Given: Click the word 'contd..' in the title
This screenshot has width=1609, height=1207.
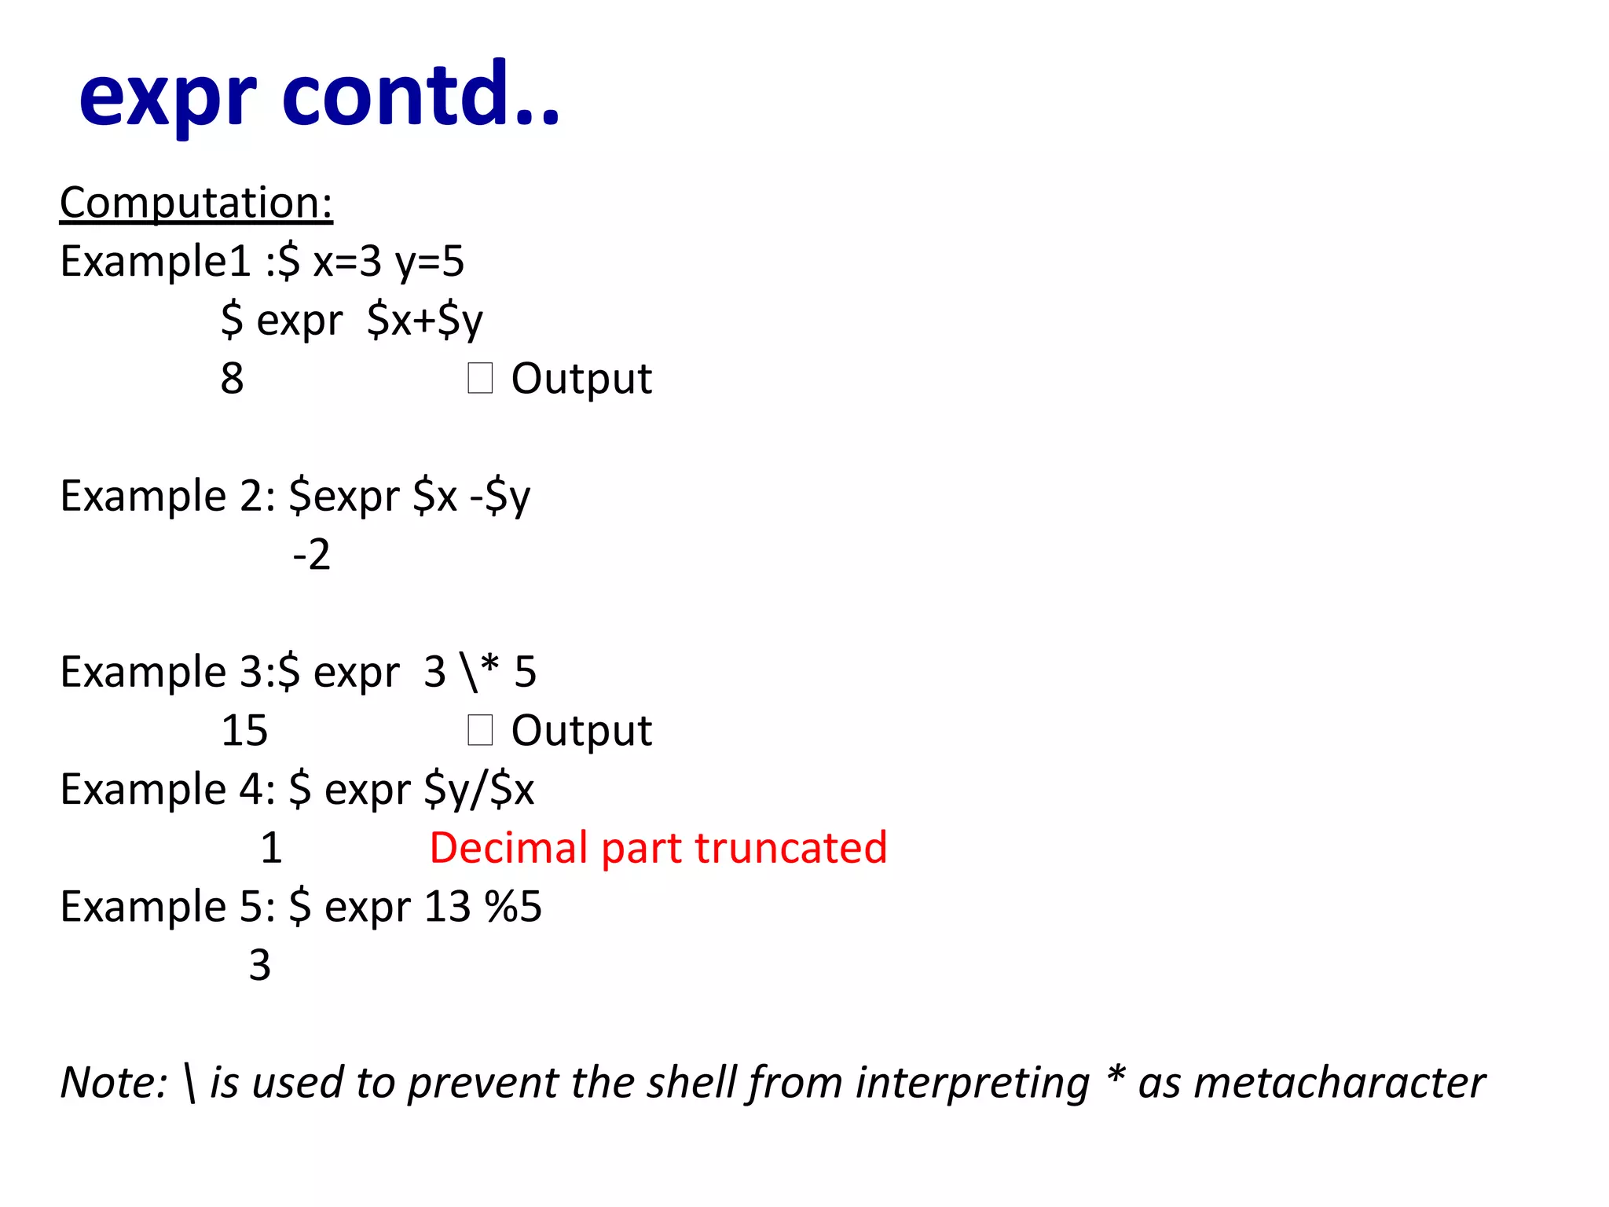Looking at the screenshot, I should point(420,94).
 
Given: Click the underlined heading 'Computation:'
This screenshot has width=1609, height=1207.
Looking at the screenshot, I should point(196,203).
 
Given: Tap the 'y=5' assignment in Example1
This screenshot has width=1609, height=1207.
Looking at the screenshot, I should point(430,262).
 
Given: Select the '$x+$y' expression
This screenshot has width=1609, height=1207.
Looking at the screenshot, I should point(424,321).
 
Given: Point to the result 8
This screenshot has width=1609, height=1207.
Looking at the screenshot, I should point(232,379).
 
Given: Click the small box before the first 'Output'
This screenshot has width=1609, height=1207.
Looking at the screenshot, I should point(480,378).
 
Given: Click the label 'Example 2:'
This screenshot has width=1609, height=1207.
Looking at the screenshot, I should point(167,497).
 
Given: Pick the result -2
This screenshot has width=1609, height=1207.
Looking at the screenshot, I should point(312,555).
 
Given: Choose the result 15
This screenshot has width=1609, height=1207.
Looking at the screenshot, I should point(244,731).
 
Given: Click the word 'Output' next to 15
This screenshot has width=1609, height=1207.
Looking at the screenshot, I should point(581,731).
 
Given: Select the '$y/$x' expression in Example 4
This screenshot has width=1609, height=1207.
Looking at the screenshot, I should point(479,790).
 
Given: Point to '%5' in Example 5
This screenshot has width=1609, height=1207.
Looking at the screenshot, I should point(513,907).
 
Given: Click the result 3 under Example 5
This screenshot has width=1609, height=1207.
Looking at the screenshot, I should point(260,965).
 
